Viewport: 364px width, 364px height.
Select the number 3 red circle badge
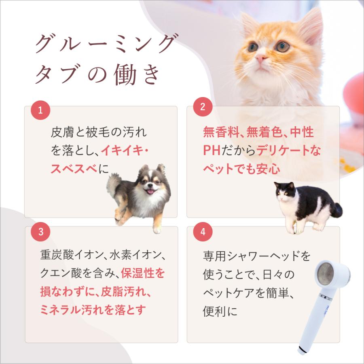[40, 232]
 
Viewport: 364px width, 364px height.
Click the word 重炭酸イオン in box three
[70, 256]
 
